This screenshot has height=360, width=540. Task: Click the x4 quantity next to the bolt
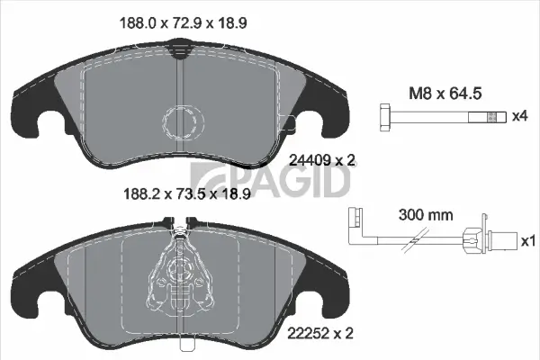519,116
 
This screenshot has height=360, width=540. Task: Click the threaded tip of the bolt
490,116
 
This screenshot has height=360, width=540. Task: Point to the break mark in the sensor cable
415,240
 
